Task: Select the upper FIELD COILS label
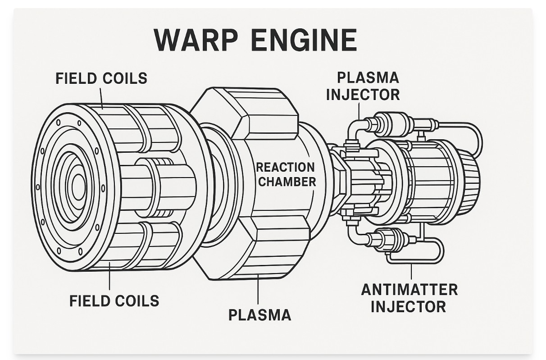click(x=101, y=78)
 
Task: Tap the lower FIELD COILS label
click(x=114, y=301)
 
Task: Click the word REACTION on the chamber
click(x=286, y=168)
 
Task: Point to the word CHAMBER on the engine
click(x=287, y=182)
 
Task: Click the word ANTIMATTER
click(x=409, y=289)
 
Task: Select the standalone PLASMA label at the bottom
click(x=259, y=315)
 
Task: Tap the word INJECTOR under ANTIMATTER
click(x=408, y=306)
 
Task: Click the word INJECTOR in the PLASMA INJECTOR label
click(x=363, y=95)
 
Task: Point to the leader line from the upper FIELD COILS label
click(x=101, y=97)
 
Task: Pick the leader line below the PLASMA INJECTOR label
click(x=359, y=111)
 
